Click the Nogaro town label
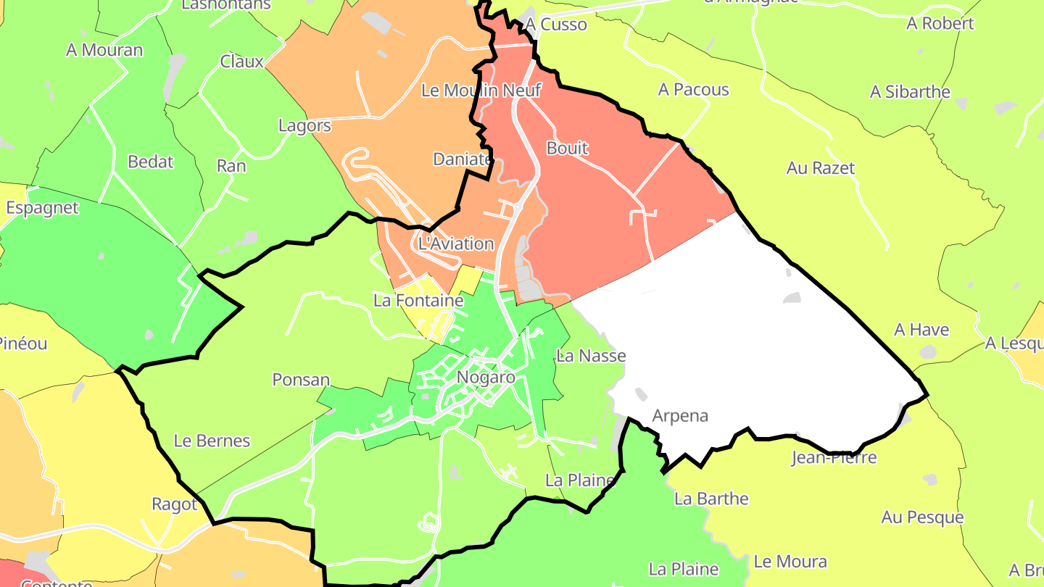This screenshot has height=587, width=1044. coord(486,378)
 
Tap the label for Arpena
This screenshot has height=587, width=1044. coord(679,416)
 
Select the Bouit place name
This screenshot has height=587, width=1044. coord(567,149)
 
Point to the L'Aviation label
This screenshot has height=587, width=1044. coord(456,243)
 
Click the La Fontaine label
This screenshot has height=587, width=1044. coord(418,300)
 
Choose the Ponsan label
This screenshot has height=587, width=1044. coord(301,380)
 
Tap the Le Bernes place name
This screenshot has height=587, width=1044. coord(212,441)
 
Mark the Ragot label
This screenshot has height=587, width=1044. coord(174,504)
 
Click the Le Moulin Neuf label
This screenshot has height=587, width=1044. coord(481,91)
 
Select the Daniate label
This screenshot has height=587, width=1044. coord(462,159)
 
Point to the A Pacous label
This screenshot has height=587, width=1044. coord(693,90)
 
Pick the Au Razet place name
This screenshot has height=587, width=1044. coord(821,168)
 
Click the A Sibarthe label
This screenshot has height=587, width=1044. coord(910,92)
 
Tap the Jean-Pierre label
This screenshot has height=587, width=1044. coord(834,458)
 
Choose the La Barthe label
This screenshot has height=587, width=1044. coord(711,499)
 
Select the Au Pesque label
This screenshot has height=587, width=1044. coord(922,517)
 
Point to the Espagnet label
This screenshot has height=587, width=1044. coord(42,208)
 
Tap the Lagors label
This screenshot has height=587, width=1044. coord(304,126)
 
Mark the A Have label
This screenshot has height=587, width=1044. coord(921,330)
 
